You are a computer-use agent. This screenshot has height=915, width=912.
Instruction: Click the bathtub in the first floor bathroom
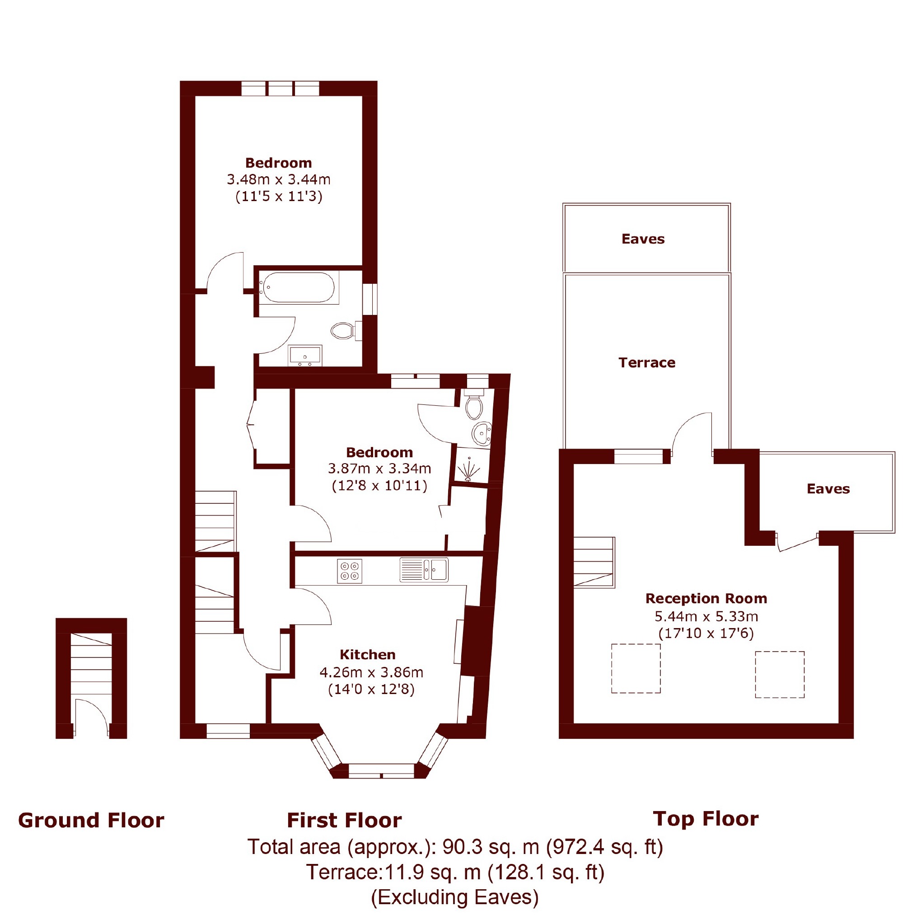(x=299, y=287)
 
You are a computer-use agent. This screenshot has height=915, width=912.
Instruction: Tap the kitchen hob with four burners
(x=350, y=571)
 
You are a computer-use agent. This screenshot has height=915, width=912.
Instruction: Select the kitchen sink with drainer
(x=423, y=569)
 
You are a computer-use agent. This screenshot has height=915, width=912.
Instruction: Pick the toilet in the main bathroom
(x=346, y=331)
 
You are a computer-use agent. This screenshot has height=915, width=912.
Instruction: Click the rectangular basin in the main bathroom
(x=305, y=355)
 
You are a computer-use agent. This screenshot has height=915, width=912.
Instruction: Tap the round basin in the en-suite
(x=482, y=433)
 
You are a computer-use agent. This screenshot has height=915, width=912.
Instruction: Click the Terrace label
(x=647, y=363)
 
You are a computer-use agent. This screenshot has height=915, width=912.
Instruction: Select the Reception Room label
(x=706, y=599)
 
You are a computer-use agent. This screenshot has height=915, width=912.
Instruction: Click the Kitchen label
(x=367, y=655)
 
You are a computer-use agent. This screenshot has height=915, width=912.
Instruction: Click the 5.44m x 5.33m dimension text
(x=706, y=616)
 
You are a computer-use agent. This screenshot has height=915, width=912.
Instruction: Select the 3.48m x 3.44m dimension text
(x=278, y=179)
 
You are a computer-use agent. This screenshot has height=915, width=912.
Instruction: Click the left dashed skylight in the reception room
(x=636, y=668)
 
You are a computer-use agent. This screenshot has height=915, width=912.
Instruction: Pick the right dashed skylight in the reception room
(x=779, y=675)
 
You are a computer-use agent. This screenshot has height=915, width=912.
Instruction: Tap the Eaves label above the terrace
(x=643, y=239)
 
